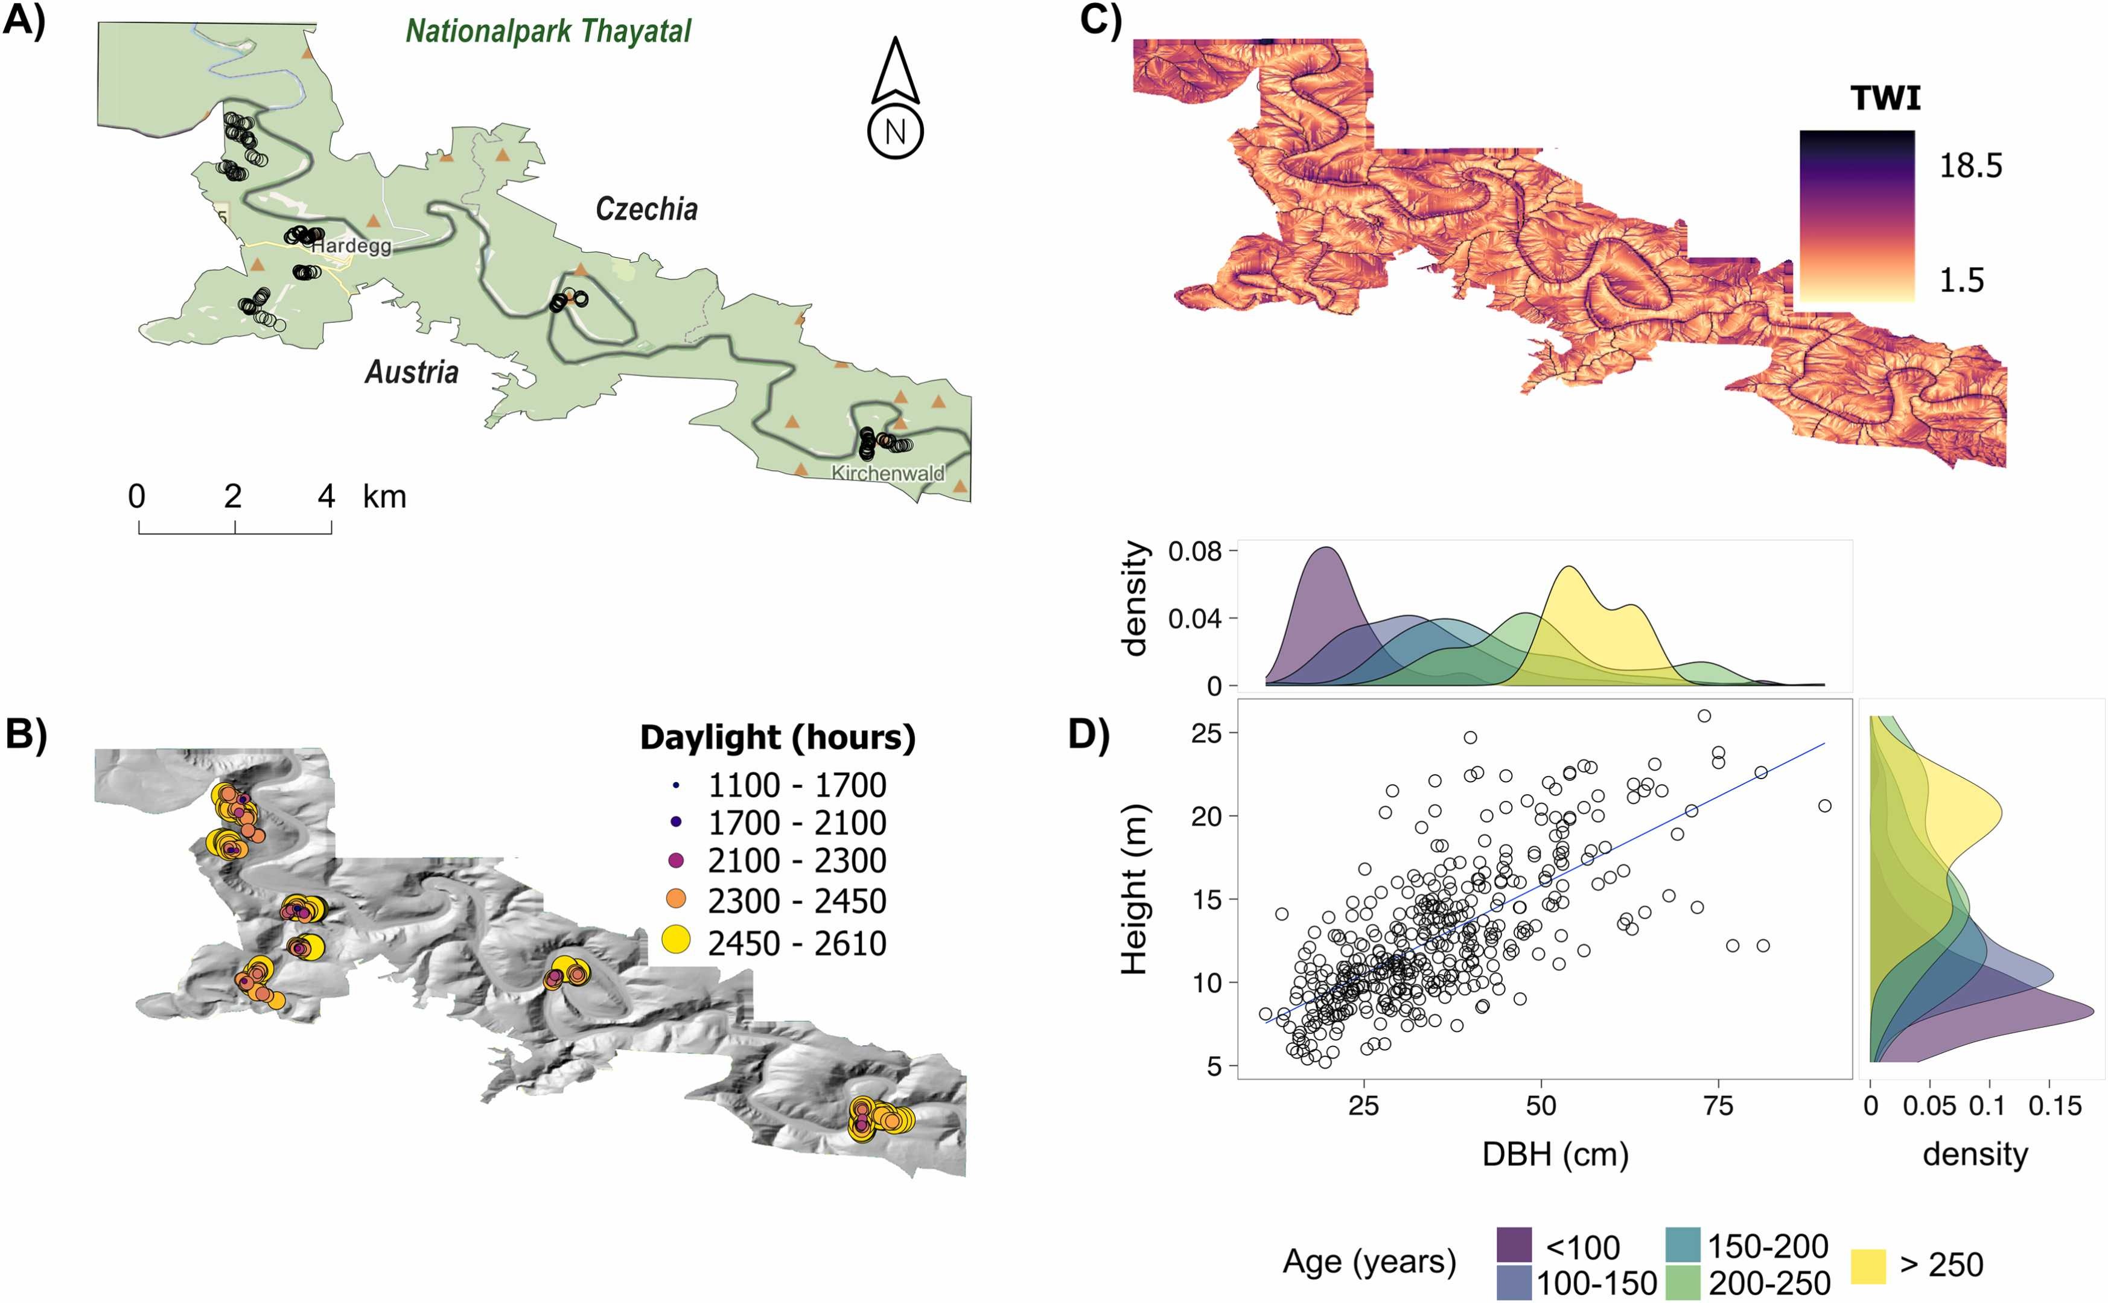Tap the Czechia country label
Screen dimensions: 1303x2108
(x=646, y=209)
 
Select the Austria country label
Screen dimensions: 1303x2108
(x=412, y=372)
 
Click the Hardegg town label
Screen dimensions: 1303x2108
(x=351, y=246)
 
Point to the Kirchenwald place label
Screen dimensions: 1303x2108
(x=887, y=473)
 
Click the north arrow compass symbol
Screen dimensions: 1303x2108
(x=895, y=99)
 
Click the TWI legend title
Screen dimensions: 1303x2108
(x=1885, y=99)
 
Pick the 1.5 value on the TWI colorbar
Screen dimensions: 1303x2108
(x=1961, y=281)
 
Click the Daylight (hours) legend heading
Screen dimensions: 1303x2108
(x=777, y=738)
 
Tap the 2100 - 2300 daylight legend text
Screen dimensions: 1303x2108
(x=797, y=861)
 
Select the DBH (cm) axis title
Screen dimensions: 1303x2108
(x=1555, y=1154)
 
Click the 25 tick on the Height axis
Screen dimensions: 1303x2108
(x=1206, y=733)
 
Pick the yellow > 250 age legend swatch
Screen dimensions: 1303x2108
(x=1868, y=1265)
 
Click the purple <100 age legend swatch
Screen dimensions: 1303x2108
(x=1514, y=1245)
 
